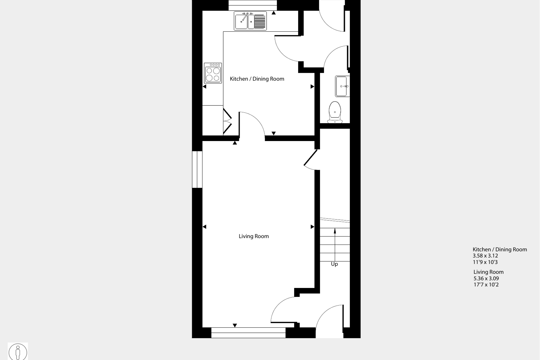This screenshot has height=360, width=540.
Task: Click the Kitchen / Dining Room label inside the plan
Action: pyautogui.click(x=257, y=79)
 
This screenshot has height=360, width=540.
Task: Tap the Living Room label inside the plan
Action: pyautogui.click(x=254, y=236)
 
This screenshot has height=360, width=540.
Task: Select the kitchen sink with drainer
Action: pyautogui.click(x=250, y=21)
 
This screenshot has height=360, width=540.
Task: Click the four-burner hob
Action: pyautogui.click(x=213, y=73)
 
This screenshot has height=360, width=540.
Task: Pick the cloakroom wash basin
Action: pyautogui.click(x=342, y=86)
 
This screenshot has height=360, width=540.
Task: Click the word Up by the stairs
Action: pyautogui.click(x=334, y=264)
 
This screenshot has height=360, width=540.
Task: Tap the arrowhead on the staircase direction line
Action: pyautogui.click(x=335, y=231)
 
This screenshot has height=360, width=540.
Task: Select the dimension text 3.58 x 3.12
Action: pyautogui.click(x=485, y=256)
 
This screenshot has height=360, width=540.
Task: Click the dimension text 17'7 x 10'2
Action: pyautogui.click(x=486, y=285)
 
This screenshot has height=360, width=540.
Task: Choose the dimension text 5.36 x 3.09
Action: pyautogui.click(x=486, y=278)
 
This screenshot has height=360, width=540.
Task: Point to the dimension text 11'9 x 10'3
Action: pyautogui.click(x=485, y=262)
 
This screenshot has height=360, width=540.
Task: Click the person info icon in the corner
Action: pyautogui.click(x=18, y=352)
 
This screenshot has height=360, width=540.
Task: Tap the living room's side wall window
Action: pyautogui.click(x=197, y=169)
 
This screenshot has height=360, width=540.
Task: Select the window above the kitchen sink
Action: pyautogui.click(x=252, y=5)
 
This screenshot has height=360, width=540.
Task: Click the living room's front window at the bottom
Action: pyautogui.click(x=248, y=333)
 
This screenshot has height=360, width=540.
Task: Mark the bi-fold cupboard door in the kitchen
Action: pyautogui.click(x=227, y=122)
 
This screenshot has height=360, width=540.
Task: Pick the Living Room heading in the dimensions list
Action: pyautogui.click(x=489, y=272)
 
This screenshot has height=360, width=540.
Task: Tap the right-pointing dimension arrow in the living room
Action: pyautogui.click(x=312, y=227)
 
